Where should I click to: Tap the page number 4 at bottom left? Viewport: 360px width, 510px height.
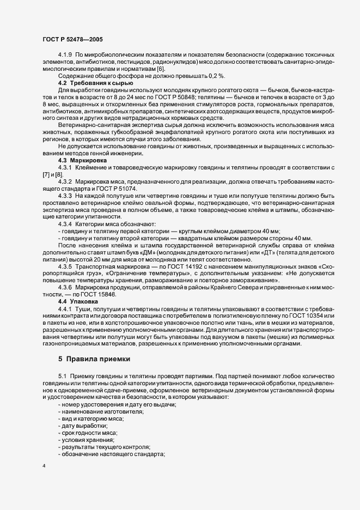pos(44,466)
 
